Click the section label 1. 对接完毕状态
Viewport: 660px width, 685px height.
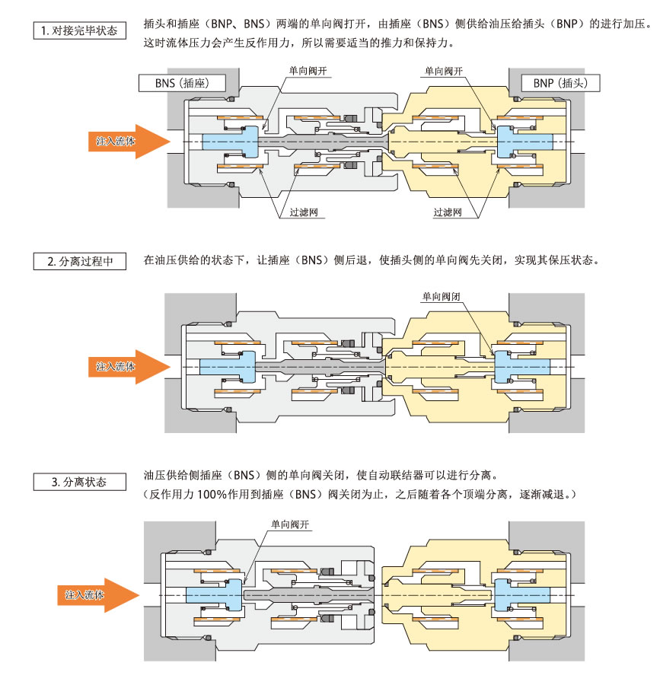pos(80,31)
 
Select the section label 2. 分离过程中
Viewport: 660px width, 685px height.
pos(80,261)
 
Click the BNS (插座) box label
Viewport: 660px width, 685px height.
pos(174,83)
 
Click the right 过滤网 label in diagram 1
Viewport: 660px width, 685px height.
pos(448,212)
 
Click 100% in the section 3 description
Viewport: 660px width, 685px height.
pos(207,494)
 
